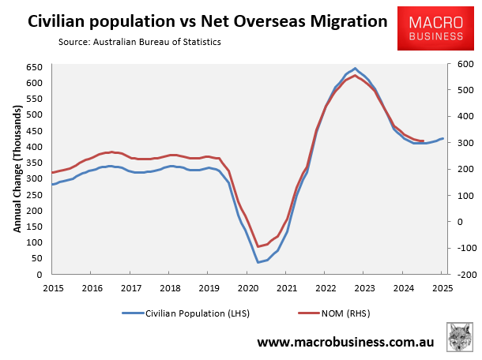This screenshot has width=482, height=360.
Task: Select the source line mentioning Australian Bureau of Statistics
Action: tap(139, 41)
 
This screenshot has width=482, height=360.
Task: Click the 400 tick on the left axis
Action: tap(34, 146)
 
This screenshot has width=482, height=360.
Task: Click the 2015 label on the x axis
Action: tap(52, 288)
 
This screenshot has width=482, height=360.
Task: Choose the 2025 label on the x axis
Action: tap(443, 288)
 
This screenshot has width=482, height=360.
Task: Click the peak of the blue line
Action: tap(355, 69)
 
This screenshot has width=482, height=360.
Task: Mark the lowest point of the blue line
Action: tap(258, 262)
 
